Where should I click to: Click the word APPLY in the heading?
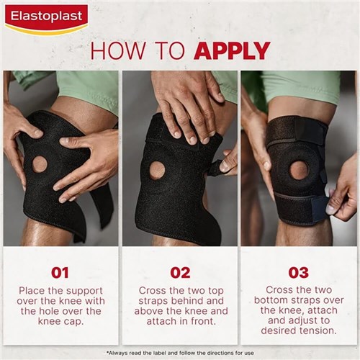pyautogui.click(x=232, y=50)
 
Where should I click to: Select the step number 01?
pyautogui.click(x=60, y=273)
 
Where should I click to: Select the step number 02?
pyautogui.click(x=180, y=273)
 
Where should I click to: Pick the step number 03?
pyautogui.click(x=298, y=273)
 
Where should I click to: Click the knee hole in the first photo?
pyautogui.click(x=40, y=163)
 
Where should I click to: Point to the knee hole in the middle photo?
pyautogui.click(x=156, y=170)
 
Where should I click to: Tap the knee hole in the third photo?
pyautogui.click(x=298, y=170)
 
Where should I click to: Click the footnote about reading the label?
pyautogui.click(x=180, y=352)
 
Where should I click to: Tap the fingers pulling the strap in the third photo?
pyautogui.click(x=338, y=202)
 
